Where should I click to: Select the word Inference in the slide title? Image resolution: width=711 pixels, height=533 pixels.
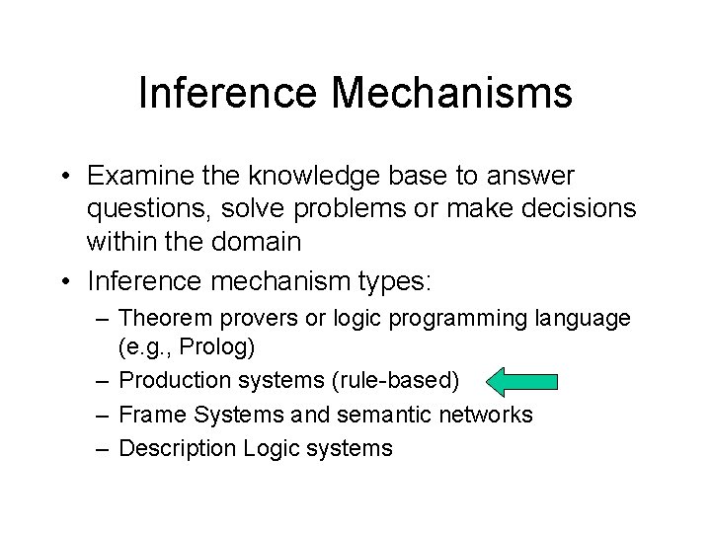coord(227,94)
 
